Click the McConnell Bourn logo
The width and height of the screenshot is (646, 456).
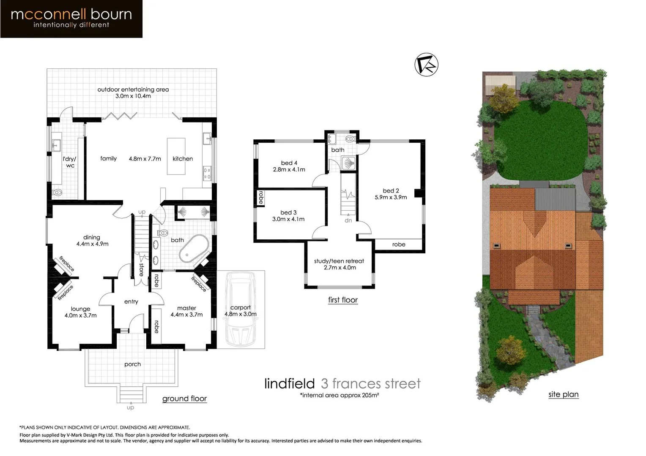71,19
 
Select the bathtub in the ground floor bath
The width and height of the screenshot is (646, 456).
194,249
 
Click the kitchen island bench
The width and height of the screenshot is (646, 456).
176,156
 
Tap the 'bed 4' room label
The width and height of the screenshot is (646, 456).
289,163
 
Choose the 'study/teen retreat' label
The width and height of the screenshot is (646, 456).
339,261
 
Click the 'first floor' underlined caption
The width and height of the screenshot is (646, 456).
343,300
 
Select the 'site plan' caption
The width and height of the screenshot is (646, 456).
564,394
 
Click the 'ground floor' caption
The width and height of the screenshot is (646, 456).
185,399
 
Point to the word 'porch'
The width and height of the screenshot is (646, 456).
132,364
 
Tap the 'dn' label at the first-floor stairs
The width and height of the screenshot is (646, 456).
348,220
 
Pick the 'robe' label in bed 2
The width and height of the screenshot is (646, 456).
399,244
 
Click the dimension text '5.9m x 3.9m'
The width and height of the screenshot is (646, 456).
391,197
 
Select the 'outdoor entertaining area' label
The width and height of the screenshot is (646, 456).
133,90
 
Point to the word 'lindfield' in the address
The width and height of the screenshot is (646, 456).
290,383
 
